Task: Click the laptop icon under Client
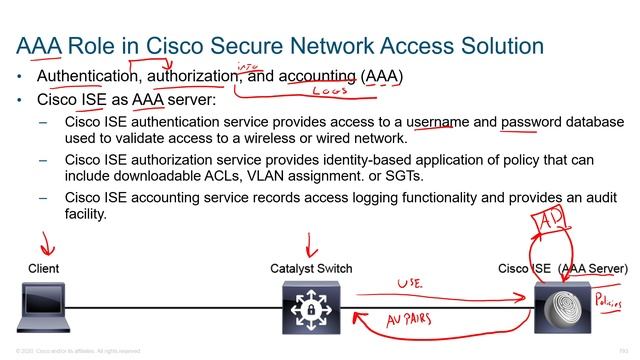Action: [x=46, y=308]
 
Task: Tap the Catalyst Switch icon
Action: [x=311, y=307]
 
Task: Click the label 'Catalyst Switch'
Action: [x=311, y=269]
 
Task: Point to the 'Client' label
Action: [x=44, y=269]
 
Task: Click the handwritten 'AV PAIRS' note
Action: [x=420, y=321]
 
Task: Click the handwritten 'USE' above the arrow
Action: [x=410, y=284]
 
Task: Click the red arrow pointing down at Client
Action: [x=42, y=243]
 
